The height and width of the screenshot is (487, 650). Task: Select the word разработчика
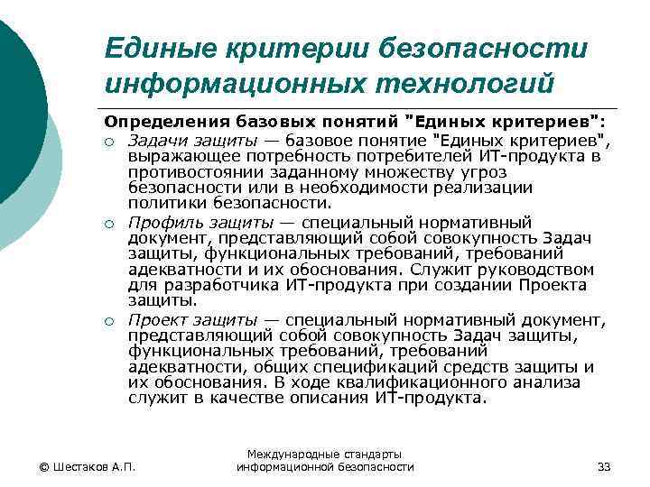click(225, 286)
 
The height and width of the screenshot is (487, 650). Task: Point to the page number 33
click(604, 466)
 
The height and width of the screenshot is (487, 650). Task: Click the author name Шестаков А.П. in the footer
click(87, 466)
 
